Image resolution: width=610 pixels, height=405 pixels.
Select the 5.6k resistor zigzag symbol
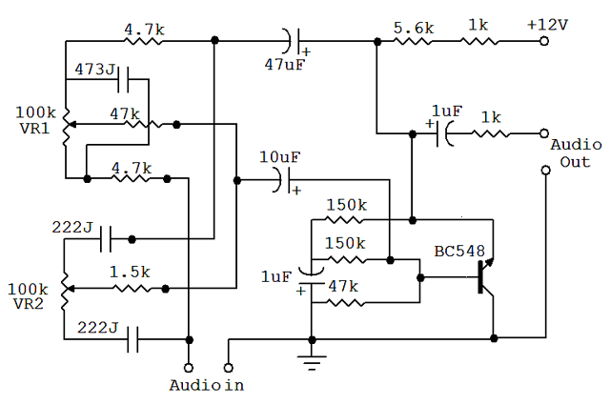point(415,41)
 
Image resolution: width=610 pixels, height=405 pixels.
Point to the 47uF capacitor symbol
point(292,41)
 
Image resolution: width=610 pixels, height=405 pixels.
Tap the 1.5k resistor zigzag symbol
point(130,287)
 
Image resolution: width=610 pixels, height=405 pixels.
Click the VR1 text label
point(35,129)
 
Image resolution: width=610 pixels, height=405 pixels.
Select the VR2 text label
point(35,303)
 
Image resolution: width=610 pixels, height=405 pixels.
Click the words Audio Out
point(576,152)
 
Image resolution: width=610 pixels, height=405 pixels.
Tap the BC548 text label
point(459,252)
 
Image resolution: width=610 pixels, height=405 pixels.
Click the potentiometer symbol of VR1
point(66,124)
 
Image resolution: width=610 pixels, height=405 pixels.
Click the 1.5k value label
point(129,272)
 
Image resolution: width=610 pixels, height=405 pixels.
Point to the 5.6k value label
point(414,27)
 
